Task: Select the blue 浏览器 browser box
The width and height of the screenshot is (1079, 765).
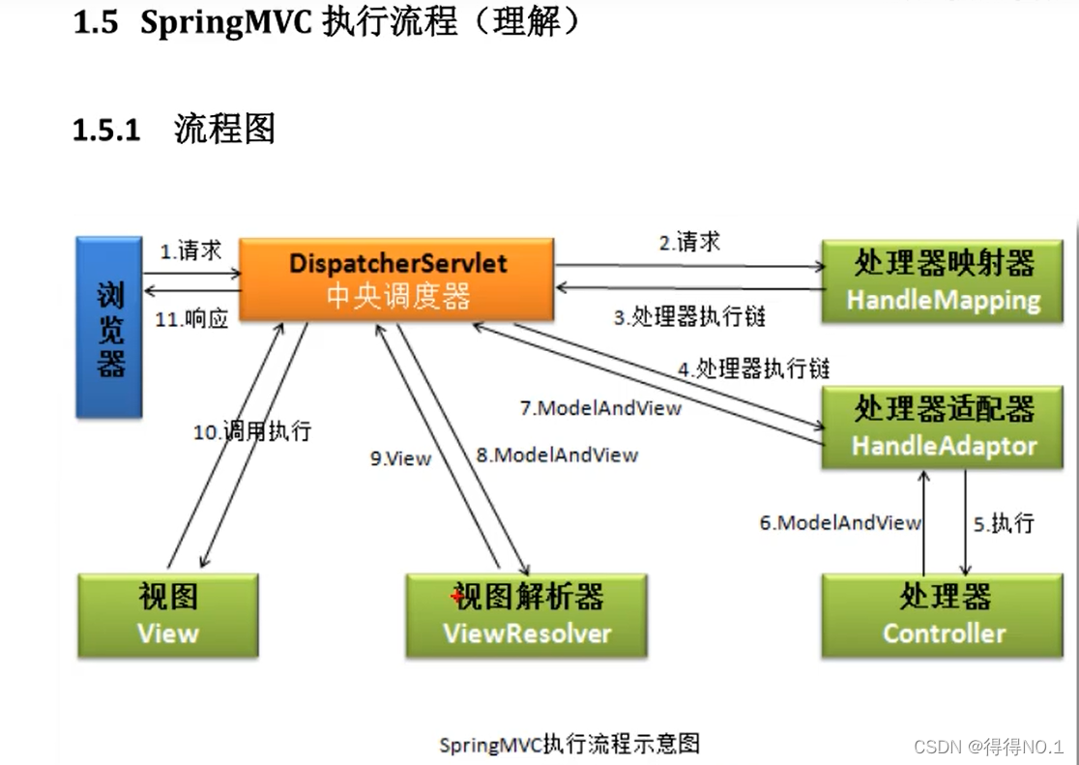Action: (x=109, y=328)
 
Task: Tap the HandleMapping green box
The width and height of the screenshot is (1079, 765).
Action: (x=943, y=280)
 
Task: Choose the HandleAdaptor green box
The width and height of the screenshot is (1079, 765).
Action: (x=943, y=427)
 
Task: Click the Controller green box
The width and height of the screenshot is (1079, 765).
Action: (x=943, y=615)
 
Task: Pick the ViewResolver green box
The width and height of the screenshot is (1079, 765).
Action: (x=527, y=615)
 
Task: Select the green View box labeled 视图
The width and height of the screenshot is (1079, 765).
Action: (x=167, y=615)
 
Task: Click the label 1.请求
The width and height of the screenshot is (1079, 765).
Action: (x=191, y=251)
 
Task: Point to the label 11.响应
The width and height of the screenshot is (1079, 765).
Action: (x=191, y=320)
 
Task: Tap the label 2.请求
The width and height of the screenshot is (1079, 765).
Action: (x=689, y=243)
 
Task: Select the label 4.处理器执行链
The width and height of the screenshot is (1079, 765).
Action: (x=753, y=368)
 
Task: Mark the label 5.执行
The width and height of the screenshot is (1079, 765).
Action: (x=1004, y=523)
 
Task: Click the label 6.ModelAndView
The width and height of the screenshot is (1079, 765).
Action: (x=839, y=523)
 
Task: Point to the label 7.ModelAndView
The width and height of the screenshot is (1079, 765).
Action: (x=600, y=408)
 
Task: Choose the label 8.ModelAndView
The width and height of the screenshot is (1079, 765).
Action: (x=556, y=455)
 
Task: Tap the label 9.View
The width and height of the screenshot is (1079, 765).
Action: (x=400, y=458)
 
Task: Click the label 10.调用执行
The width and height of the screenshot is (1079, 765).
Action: (x=252, y=431)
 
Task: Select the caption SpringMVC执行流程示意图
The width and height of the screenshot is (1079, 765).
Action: (x=569, y=744)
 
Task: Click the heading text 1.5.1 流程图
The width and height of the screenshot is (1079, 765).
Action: (x=174, y=129)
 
